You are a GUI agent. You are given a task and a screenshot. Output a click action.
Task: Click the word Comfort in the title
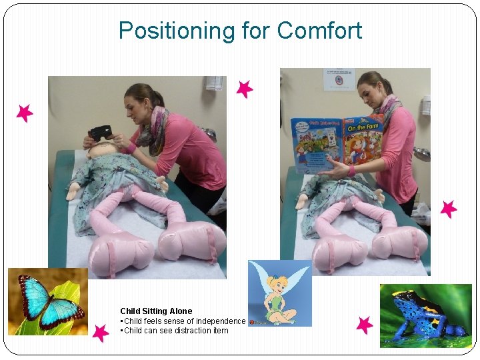point(319,31)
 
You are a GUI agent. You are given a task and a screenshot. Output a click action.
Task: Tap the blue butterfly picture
point(48,301)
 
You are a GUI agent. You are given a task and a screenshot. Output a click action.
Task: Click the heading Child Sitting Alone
point(156,311)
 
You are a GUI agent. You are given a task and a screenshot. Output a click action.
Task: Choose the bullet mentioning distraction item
point(175,331)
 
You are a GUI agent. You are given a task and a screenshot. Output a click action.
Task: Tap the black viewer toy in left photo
point(101,133)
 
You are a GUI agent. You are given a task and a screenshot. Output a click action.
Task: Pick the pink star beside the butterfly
point(100,332)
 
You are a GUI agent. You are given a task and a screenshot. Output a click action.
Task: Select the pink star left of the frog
point(364,325)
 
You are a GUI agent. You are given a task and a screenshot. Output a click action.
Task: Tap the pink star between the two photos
point(245,89)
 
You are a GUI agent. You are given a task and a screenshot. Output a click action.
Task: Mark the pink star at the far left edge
point(25,113)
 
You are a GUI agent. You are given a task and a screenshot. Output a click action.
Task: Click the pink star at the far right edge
point(448,209)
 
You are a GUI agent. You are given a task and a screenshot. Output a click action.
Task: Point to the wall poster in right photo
point(339,79)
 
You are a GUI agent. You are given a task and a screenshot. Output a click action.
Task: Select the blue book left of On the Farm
point(316,143)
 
